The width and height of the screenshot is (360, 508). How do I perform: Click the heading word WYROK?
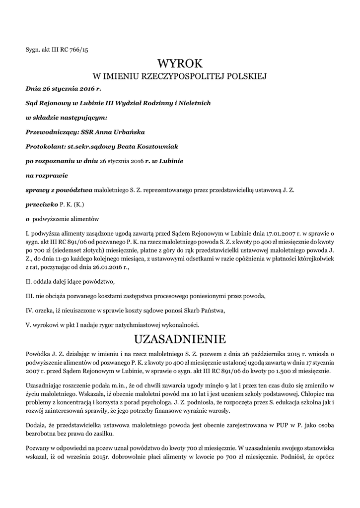(x=180, y=63)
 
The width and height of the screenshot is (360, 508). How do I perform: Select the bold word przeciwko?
(x=42, y=204)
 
